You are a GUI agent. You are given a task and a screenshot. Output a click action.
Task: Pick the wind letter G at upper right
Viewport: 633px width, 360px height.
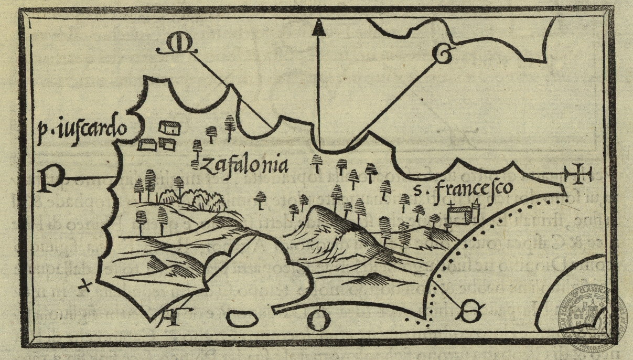[x=442, y=52]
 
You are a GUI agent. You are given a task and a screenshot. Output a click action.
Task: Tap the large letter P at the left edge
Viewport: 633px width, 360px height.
[x=50, y=180]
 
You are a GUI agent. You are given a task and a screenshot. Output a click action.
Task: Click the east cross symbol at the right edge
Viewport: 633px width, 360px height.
[x=579, y=175]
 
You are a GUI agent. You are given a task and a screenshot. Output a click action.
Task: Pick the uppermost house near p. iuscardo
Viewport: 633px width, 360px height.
[x=170, y=126]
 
